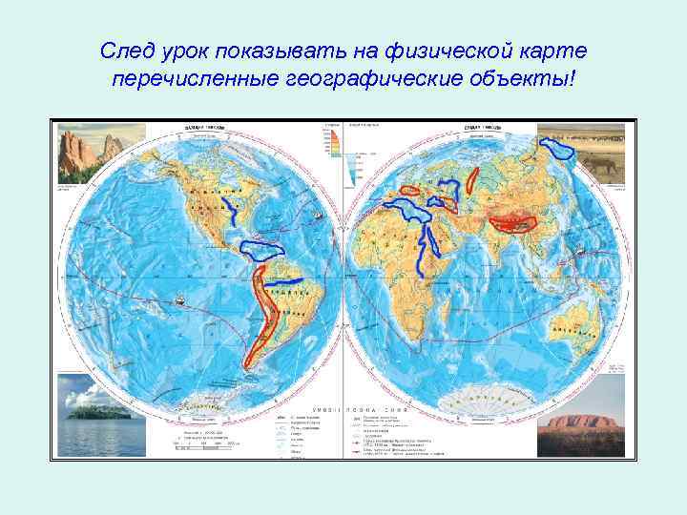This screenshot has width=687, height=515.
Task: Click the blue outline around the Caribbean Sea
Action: pyautogui.click(x=260, y=250)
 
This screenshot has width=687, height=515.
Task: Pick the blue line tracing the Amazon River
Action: pyautogui.click(x=283, y=283)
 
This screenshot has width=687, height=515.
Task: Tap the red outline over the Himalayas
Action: pyautogui.click(x=512, y=224)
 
